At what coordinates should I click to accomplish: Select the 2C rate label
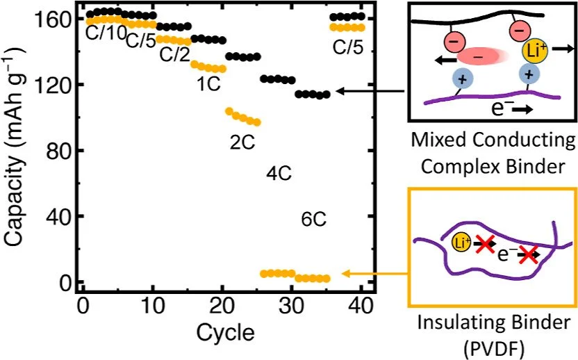coord(243,140)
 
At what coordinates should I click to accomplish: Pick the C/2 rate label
coord(174,55)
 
